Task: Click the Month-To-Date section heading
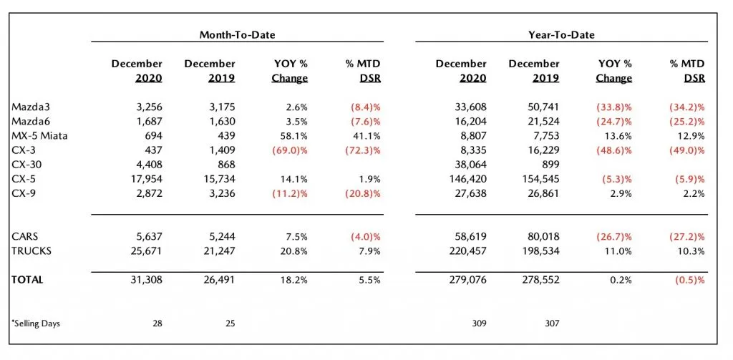pos(237,34)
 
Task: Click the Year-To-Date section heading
pos(560,34)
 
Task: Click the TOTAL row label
pos(27,280)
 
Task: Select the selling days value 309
pos(477,323)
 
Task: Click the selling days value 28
pos(157,323)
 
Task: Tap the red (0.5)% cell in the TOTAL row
pos(689,280)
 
